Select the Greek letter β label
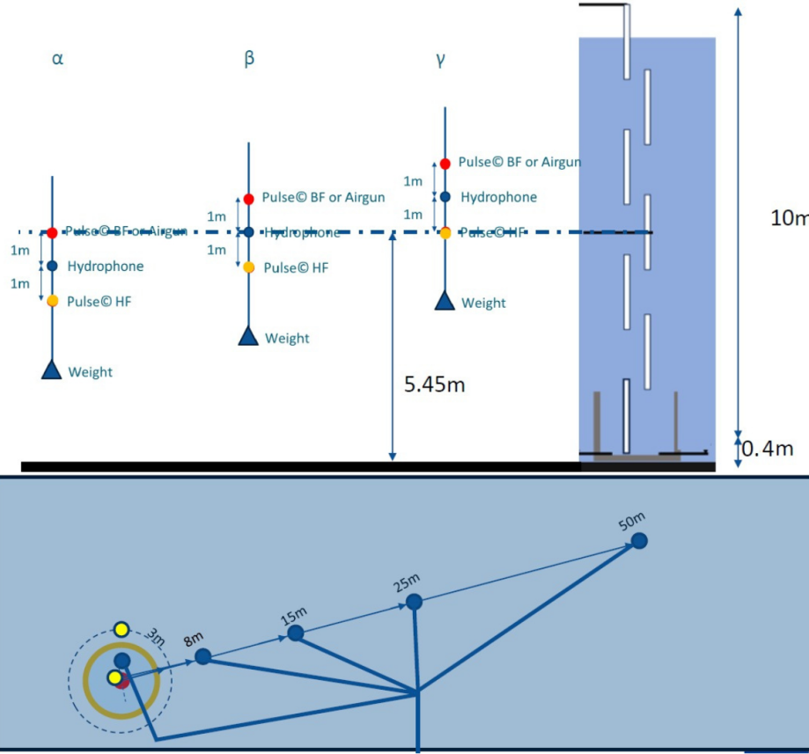click(249, 59)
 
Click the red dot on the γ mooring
click(445, 163)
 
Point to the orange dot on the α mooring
click(53, 301)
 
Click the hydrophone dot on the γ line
click(445, 197)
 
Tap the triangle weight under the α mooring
click(53, 370)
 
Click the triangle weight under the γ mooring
click(445, 301)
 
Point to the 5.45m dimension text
click(434, 385)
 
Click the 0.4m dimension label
click(767, 449)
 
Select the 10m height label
click(789, 218)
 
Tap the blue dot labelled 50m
click(640, 540)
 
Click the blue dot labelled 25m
click(414, 602)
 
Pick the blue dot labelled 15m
click(296, 633)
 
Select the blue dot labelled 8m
click(203, 656)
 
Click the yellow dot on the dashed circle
click(122, 629)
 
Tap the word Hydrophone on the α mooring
click(105, 267)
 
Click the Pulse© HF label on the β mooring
click(296, 267)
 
